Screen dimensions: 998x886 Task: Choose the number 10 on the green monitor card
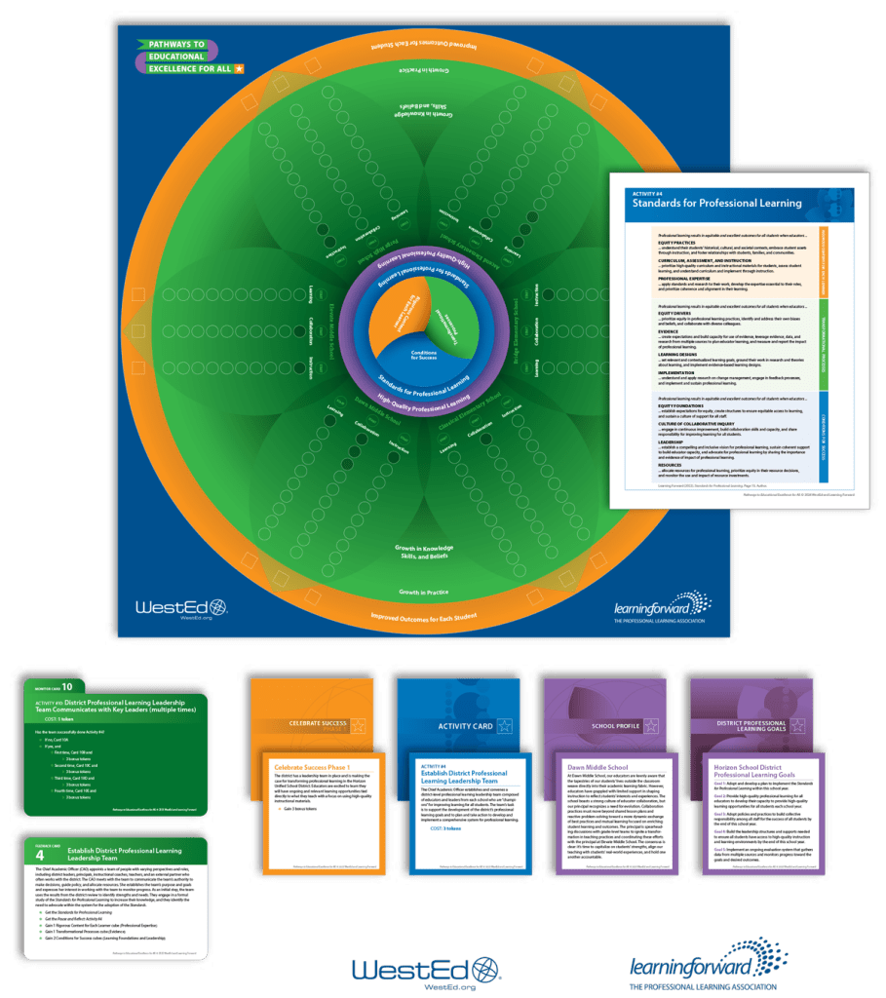click(67, 686)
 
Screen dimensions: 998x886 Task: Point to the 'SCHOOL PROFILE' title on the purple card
click(595, 726)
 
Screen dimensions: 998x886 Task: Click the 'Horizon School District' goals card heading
click(763, 767)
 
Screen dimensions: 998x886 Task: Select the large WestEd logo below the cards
click(425, 942)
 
